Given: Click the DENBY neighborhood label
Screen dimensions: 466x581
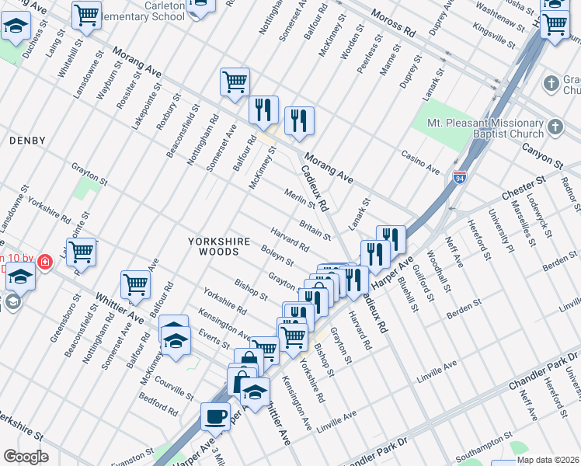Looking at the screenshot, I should pos(27,141).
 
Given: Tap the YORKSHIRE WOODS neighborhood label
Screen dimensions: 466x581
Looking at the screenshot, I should pos(219,247).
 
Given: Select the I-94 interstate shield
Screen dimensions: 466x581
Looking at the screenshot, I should pos(460,178).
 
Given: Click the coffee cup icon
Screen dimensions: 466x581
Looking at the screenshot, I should pos(215,416).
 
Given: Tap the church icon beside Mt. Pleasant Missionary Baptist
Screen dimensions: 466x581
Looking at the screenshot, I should pos(555,126).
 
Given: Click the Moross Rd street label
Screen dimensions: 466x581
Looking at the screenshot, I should pos(394,25).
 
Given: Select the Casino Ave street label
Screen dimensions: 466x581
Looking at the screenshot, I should pos(420,163).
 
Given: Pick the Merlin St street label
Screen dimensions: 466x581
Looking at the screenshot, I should pos(298,200).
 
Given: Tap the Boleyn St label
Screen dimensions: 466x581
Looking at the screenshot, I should pos(277,255).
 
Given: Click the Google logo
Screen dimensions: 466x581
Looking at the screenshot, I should pos(26,457).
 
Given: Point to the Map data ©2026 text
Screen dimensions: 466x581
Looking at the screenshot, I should pos(548,460).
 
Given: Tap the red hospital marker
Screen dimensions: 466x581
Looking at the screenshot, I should pos(45,263).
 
